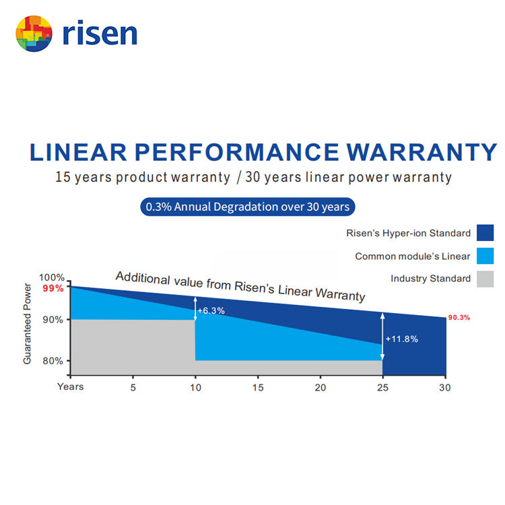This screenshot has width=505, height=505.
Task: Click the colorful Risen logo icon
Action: pyautogui.click(x=34, y=33)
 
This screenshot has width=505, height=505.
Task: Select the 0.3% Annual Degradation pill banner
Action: pyautogui.click(x=247, y=207)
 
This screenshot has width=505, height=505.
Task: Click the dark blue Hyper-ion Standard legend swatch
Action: pyautogui.click(x=485, y=233)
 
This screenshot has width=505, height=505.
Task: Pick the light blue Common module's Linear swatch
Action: pyautogui.click(x=485, y=256)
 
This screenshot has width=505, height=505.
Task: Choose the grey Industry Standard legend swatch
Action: pyautogui.click(x=485, y=279)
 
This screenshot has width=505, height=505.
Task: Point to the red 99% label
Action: pyautogui.click(x=53, y=288)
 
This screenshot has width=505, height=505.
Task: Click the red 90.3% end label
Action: pyautogui.click(x=459, y=317)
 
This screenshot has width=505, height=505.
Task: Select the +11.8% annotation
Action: pyautogui.click(x=401, y=339)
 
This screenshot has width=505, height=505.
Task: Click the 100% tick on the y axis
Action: pyautogui.click(x=51, y=277)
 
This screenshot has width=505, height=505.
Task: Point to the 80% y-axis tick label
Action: pyautogui.click(x=53, y=361)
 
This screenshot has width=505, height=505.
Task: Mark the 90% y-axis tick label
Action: pyautogui.click(x=53, y=320)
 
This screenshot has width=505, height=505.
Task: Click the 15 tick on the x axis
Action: pyautogui.click(x=257, y=387)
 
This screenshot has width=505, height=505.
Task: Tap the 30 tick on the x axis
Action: pyautogui.click(x=444, y=387)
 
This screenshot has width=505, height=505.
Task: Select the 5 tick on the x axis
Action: pyautogui.click(x=133, y=387)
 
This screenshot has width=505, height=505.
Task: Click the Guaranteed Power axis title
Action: pyautogui.click(x=28, y=324)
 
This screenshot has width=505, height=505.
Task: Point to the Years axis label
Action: pyautogui.click(x=71, y=386)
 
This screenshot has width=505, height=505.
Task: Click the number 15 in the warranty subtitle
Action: pyautogui.click(x=63, y=178)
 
